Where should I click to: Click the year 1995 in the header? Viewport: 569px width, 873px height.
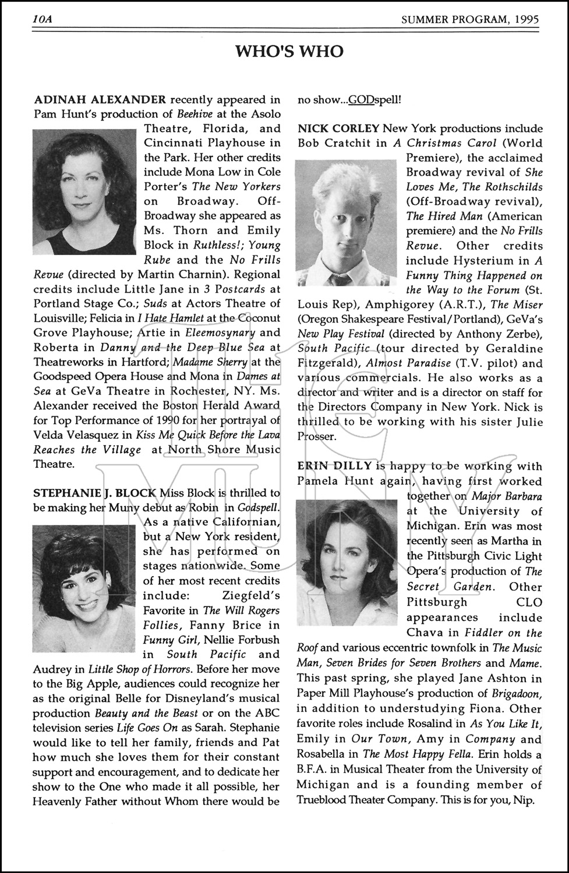pos(526,19)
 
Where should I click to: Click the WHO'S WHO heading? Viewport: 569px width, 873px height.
pos(289,52)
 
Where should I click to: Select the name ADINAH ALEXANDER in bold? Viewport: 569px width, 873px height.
pos(100,100)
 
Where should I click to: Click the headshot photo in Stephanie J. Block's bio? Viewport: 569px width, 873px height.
pos(83,583)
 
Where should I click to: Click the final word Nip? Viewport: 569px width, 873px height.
pos(524,800)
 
